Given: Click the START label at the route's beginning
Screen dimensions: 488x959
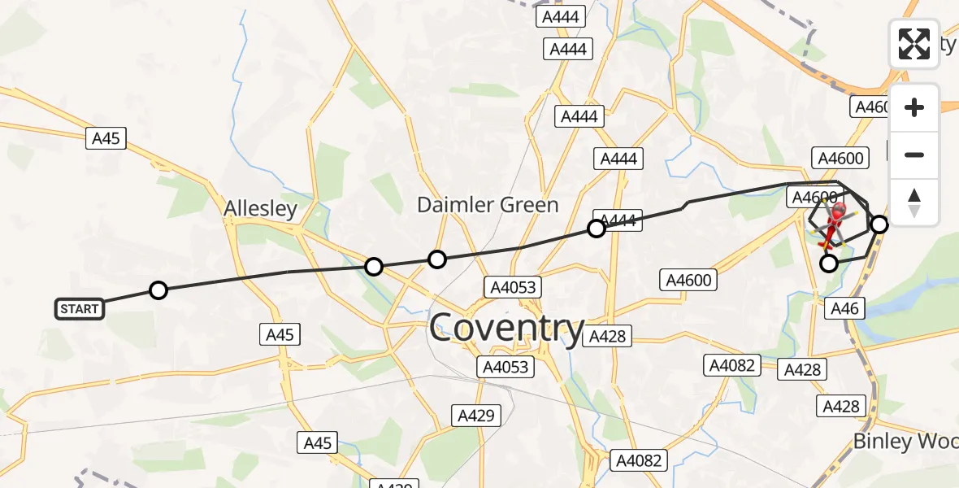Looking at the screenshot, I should pos(80,309).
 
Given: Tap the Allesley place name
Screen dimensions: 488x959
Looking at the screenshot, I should pos(260,209).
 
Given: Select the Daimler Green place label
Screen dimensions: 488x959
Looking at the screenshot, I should pos(488,205).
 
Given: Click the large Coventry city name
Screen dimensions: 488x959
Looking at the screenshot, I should pos(506,329).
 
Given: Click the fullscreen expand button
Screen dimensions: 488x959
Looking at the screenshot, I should pos(914,43).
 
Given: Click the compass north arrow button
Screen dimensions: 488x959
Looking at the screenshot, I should pos(914,203).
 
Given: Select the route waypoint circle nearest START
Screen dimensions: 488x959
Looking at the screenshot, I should pos(158,290).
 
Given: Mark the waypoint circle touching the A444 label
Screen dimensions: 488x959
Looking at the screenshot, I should pos(597,229).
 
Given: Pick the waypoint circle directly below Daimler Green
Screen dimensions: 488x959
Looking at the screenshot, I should pos(437,259).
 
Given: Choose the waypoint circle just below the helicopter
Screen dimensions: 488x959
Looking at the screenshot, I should pos(828,263).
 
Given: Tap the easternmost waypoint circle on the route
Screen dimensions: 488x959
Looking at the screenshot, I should pos(879,224).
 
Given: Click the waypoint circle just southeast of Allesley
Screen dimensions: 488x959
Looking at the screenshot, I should pos(374,266).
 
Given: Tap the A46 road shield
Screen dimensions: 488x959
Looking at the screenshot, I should pos(845,307).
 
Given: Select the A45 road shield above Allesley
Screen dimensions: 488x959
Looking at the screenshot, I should pos(106,138).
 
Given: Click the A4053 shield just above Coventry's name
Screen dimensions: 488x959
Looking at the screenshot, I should pos(513,286).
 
